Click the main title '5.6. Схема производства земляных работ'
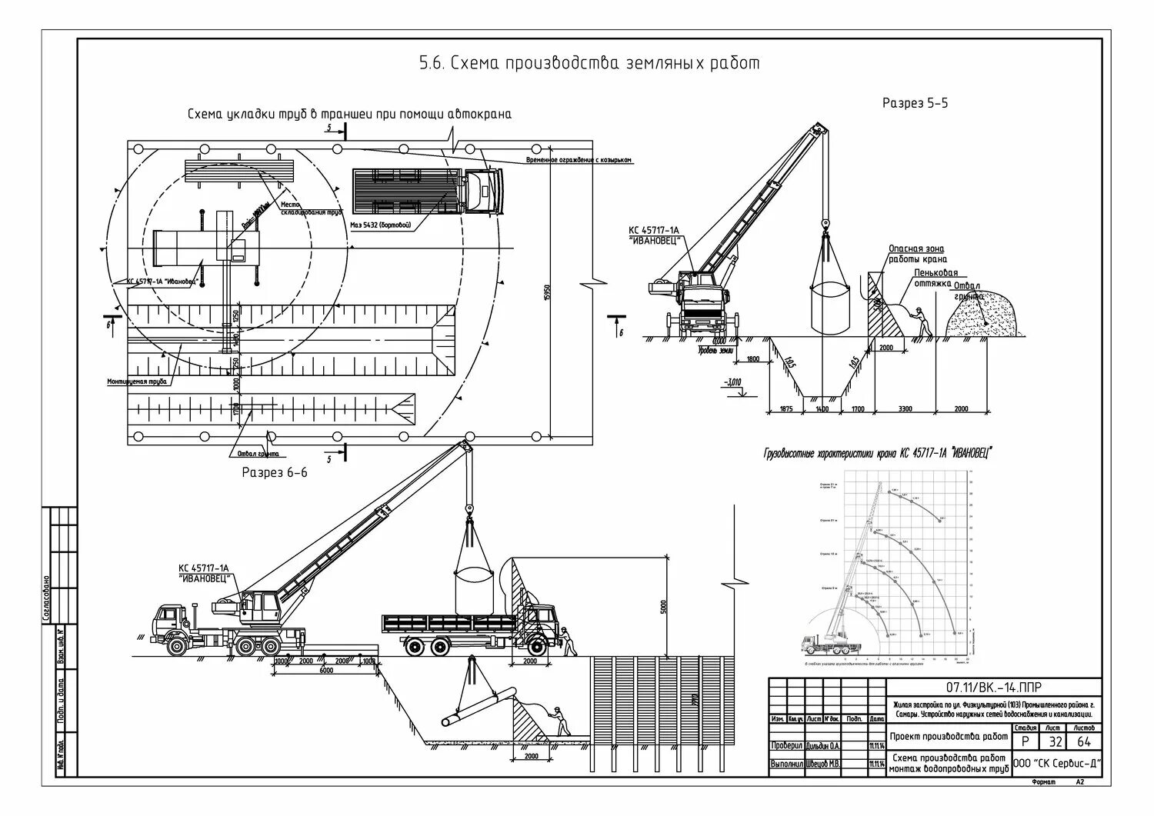click(589, 63)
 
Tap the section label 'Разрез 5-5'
click(915, 102)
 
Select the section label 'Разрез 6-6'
click(275, 472)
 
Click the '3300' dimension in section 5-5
click(905, 409)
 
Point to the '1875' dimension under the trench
click(786, 409)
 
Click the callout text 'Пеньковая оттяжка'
click(936, 278)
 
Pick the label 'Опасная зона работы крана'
click(917, 254)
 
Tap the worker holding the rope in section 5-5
click(921, 321)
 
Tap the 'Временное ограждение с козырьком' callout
click(579, 160)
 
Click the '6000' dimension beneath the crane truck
click(326, 671)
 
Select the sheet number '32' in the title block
click(1056, 741)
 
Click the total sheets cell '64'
click(1084, 741)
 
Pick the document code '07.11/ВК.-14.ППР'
click(997, 687)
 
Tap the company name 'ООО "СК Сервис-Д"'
click(1057, 764)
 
